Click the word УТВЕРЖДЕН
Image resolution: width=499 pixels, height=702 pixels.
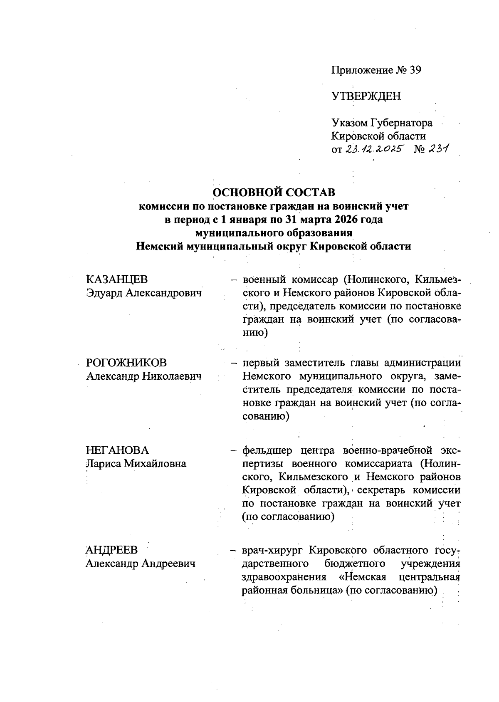(x=366, y=96)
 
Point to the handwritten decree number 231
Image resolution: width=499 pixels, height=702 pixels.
(x=438, y=149)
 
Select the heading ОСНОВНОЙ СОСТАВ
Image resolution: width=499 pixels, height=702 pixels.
(x=274, y=193)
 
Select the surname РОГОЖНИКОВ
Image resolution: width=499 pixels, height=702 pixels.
(x=126, y=363)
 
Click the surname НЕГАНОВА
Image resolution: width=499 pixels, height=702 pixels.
(x=117, y=450)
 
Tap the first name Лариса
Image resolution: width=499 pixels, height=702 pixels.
(x=102, y=464)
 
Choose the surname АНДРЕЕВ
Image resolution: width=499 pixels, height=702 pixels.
(x=111, y=550)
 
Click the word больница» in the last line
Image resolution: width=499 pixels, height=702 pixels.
(x=315, y=591)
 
